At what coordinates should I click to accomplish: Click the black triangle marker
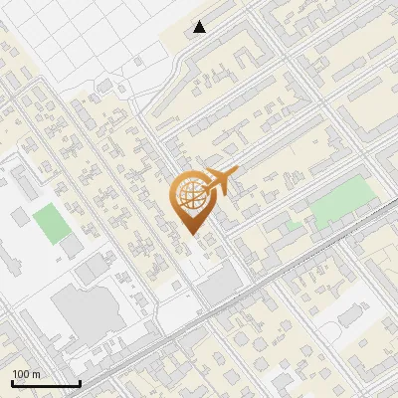click(x=200, y=27)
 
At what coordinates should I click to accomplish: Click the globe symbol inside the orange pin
click(x=189, y=195)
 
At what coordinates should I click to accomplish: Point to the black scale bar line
click(x=45, y=383)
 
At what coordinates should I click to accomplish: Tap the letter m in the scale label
click(x=37, y=374)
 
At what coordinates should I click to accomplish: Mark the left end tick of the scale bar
click(x=12, y=381)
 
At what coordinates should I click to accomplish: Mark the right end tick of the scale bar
click(x=80, y=381)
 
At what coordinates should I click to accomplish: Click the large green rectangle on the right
click(x=344, y=204)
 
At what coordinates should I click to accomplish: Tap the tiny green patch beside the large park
click(x=293, y=226)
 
